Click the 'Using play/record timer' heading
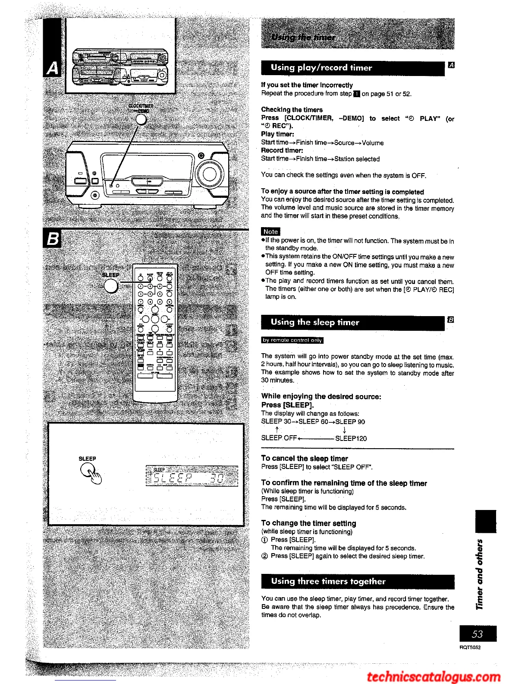[x=321, y=68]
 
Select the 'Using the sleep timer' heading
[x=315, y=322]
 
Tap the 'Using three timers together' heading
[x=328, y=581]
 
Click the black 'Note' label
[x=270, y=232]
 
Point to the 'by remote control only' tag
[x=292, y=340]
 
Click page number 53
[x=478, y=634]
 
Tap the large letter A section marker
[x=53, y=68]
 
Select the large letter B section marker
[x=53, y=238]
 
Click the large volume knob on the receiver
[x=210, y=174]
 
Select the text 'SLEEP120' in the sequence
[x=351, y=439]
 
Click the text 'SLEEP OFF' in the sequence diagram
[x=279, y=438]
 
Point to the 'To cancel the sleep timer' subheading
[x=305, y=459]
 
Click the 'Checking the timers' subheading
[x=292, y=110]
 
